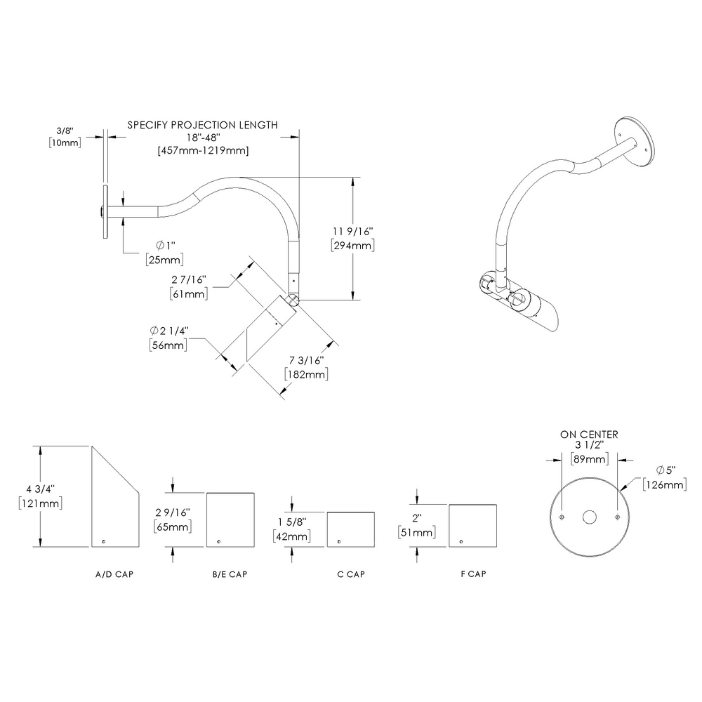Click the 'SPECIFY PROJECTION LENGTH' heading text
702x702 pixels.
pyautogui.click(x=202, y=125)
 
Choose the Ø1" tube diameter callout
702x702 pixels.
pyautogui.click(x=166, y=245)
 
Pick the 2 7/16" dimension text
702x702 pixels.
pyautogui.click(x=188, y=279)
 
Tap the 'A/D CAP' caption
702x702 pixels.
pyautogui.click(x=114, y=574)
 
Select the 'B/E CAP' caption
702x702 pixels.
pyautogui.click(x=230, y=574)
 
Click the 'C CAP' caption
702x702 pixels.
pyautogui.click(x=351, y=574)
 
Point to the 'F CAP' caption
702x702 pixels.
pyautogui.click(x=472, y=574)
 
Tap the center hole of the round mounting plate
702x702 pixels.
pyautogui.click(x=589, y=517)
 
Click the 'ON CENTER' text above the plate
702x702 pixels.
pyautogui.click(x=589, y=435)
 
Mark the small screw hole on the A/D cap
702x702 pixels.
pyautogui.click(x=104, y=541)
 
